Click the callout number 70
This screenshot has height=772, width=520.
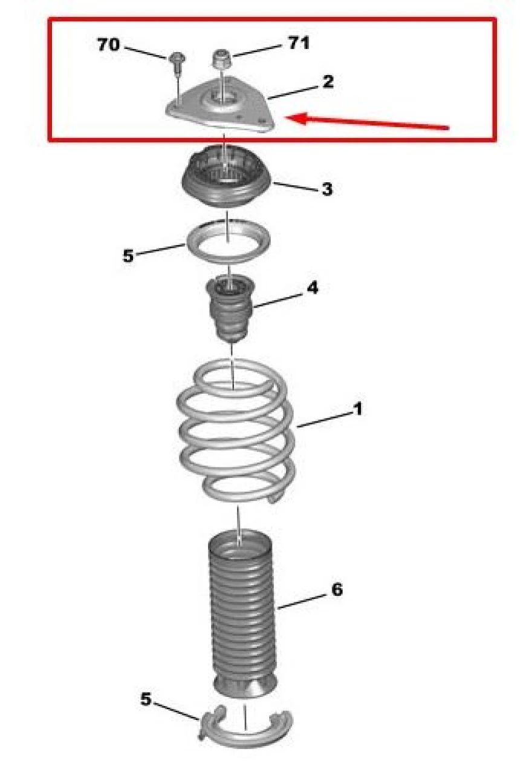109,45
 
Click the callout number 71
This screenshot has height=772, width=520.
299,43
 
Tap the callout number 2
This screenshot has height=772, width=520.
328,82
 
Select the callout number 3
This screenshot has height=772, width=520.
327,189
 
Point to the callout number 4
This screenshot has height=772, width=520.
313,288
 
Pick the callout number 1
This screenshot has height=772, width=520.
357,409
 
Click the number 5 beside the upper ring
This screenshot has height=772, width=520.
128,256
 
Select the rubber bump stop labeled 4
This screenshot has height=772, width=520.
230,308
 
